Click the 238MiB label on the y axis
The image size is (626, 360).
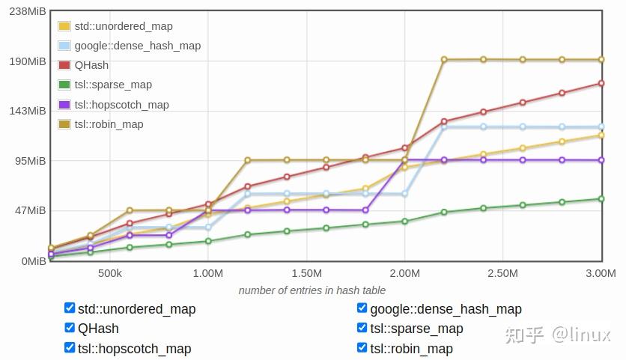point(26,11)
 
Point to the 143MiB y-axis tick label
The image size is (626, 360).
point(26,111)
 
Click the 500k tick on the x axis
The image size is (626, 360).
point(110,273)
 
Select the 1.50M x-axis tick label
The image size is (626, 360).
point(306,273)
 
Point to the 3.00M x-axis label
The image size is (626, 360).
point(600,273)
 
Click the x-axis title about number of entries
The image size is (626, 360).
point(312,290)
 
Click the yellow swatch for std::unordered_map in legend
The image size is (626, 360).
point(64,26)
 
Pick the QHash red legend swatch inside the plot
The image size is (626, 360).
point(64,65)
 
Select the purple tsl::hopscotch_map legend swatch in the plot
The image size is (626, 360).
point(64,105)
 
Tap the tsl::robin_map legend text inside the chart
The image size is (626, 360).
point(109,124)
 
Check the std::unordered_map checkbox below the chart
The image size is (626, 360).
point(70,308)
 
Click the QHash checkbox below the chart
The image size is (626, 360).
point(70,327)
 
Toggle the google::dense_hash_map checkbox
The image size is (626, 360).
point(362,308)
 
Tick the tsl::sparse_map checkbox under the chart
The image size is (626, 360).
point(362,327)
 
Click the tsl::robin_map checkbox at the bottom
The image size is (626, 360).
point(362,347)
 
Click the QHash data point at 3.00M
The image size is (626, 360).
point(601,83)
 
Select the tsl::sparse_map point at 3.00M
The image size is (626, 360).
point(601,198)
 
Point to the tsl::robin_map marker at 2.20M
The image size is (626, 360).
point(444,59)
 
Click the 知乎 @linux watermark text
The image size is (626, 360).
point(558,335)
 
